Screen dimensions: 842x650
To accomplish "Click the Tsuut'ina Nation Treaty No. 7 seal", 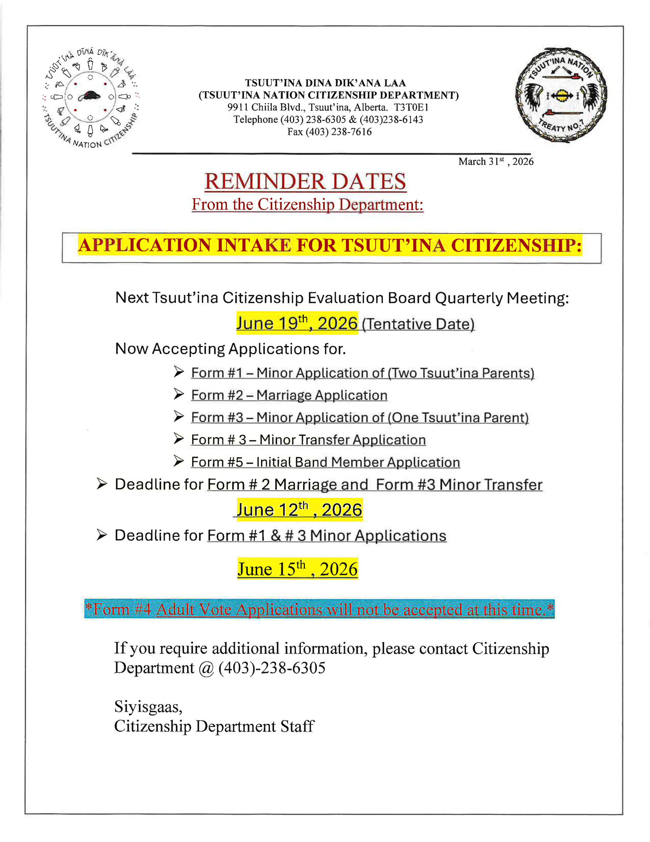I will coord(561,95).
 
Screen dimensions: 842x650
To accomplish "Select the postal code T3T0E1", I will coord(411,107).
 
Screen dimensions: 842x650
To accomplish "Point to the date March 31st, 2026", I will coord(496,161).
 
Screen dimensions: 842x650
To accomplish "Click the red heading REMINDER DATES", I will coord(305,182).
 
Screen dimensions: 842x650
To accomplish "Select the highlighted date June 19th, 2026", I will coord(297,323).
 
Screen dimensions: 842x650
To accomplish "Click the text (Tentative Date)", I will coord(418,324).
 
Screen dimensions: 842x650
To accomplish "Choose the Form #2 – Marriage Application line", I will coord(289,395).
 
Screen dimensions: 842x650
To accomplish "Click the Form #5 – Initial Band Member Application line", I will coord(325,462).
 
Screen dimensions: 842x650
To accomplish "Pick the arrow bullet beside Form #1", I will coord(178,372).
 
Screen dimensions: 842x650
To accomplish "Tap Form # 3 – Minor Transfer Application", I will coord(308,439).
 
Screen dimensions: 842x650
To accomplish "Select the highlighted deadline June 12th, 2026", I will coord(299,510).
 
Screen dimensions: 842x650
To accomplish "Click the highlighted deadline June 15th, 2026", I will coord(297,569).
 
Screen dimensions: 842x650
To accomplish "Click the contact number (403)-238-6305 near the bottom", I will coord(272,668).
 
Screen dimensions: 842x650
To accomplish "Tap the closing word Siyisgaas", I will coord(148,707).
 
